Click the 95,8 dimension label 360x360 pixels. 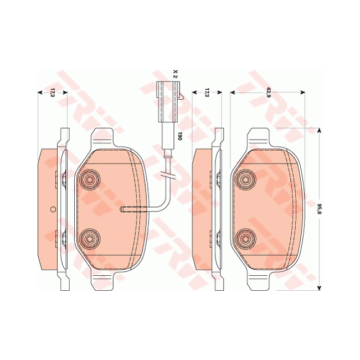[x=320, y=209]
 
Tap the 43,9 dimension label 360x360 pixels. [x=268, y=92]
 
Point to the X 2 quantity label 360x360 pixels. [x=174, y=74]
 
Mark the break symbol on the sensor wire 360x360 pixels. [x=168, y=176]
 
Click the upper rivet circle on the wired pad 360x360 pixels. [x=89, y=180]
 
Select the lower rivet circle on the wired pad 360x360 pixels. [x=89, y=239]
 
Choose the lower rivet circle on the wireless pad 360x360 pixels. [x=244, y=239]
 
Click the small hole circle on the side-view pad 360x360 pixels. [x=53, y=209]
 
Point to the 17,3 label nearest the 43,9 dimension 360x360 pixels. [x=206, y=92]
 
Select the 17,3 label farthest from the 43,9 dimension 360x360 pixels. [x=52, y=92]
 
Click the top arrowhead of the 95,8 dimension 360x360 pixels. [x=320, y=131]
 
